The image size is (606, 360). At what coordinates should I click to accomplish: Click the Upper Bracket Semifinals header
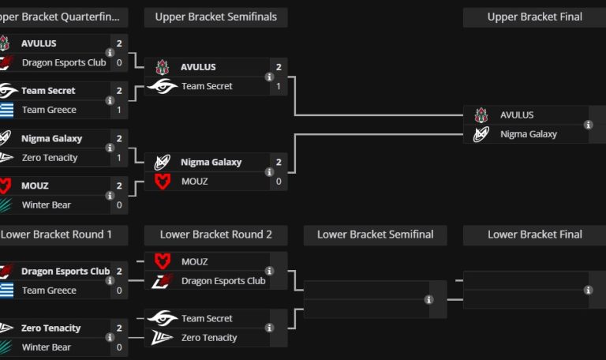(x=215, y=17)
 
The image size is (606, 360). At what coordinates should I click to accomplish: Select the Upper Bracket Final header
(x=534, y=17)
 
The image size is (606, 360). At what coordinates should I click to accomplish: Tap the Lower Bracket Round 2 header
(x=215, y=234)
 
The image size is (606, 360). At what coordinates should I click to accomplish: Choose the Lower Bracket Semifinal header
(x=375, y=234)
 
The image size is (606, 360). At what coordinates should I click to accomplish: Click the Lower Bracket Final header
(x=534, y=234)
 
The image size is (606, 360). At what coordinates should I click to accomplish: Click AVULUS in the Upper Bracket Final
(x=516, y=115)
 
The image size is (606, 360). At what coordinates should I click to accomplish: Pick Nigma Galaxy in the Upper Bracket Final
(x=528, y=134)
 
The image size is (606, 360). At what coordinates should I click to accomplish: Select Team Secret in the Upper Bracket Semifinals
(x=207, y=86)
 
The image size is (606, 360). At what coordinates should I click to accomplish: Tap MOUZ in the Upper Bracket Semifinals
(x=195, y=182)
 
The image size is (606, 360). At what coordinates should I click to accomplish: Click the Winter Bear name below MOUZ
(x=46, y=205)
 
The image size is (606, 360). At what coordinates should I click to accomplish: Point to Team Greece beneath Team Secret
(x=49, y=111)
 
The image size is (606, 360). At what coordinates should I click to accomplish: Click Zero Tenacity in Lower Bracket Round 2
(x=209, y=338)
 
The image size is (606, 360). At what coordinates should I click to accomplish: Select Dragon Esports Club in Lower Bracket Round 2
(x=223, y=281)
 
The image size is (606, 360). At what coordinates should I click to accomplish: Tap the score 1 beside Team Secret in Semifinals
(x=279, y=86)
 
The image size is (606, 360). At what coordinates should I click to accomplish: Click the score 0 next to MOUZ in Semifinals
(x=279, y=182)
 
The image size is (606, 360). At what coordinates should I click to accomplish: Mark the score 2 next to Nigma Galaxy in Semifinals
(x=279, y=163)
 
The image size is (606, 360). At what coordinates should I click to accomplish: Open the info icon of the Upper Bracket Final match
(x=588, y=125)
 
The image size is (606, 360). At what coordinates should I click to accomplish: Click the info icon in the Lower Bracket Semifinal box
(x=428, y=299)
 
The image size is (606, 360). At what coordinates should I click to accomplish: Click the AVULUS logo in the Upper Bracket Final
(x=481, y=115)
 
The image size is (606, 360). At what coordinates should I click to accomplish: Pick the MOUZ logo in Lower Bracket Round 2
(x=162, y=261)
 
